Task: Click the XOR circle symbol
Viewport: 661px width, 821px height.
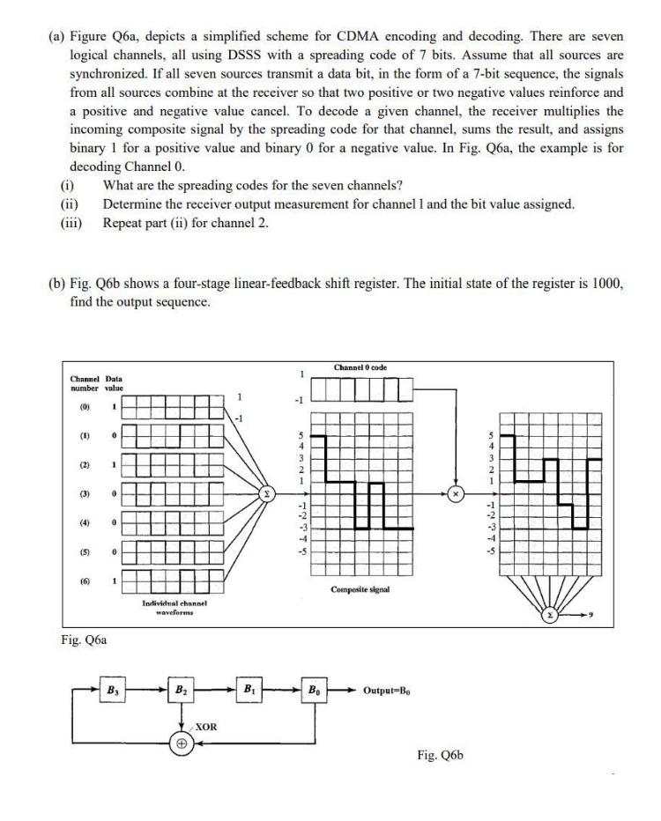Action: tap(181, 742)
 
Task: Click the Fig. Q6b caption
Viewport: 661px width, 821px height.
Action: tap(439, 755)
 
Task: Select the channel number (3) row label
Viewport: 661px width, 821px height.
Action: tap(84, 494)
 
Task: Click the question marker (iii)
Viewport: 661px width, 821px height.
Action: tap(71, 223)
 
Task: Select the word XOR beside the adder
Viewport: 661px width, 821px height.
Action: tap(206, 728)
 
